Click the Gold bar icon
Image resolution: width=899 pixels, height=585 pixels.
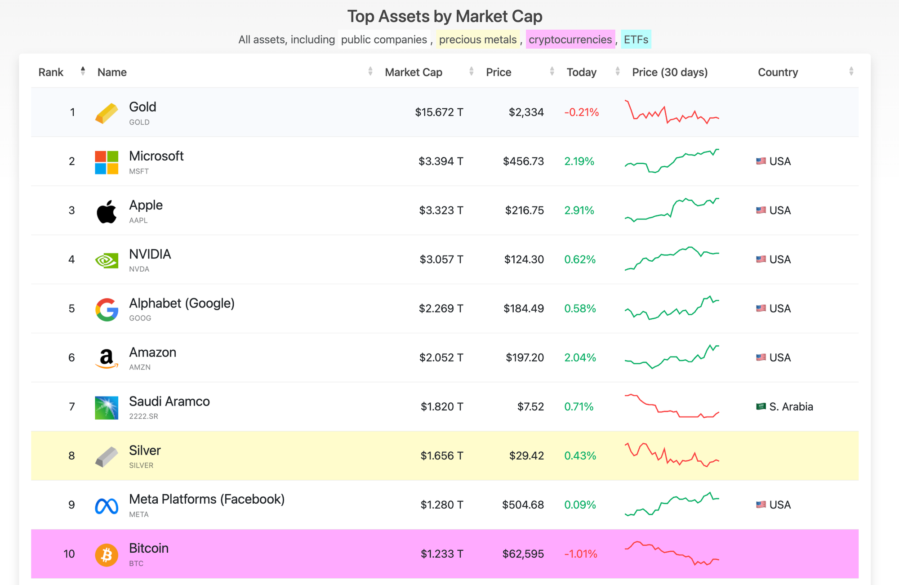point(107,113)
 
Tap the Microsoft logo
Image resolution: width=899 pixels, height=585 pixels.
point(107,162)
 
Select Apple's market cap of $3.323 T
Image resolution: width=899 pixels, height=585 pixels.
point(441,210)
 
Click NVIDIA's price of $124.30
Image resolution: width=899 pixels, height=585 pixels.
point(524,259)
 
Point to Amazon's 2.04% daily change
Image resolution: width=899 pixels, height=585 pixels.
point(580,357)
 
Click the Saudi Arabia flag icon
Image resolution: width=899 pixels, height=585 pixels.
point(761,406)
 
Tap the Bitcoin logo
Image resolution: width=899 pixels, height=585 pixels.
point(107,555)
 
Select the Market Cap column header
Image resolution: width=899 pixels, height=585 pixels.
point(414,72)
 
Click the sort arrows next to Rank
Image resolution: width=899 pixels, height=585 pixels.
point(83,71)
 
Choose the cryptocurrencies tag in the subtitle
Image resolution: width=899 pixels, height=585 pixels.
point(570,40)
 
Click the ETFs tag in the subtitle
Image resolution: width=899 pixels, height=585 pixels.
point(636,40)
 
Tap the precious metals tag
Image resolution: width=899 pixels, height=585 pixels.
point(477,40)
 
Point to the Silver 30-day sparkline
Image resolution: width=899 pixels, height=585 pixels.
point(672,455)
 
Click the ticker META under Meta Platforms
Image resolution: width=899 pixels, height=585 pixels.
point(139,514)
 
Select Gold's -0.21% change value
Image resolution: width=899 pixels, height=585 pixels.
point(581,112)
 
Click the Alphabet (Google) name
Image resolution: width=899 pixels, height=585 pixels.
point(182,304)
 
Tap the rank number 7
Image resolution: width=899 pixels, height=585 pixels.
point(72,407)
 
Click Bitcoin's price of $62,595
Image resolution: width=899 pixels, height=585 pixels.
point(523,554)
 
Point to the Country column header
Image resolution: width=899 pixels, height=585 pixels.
point(778,72)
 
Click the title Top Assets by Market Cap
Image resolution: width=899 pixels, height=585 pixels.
point(445,17)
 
